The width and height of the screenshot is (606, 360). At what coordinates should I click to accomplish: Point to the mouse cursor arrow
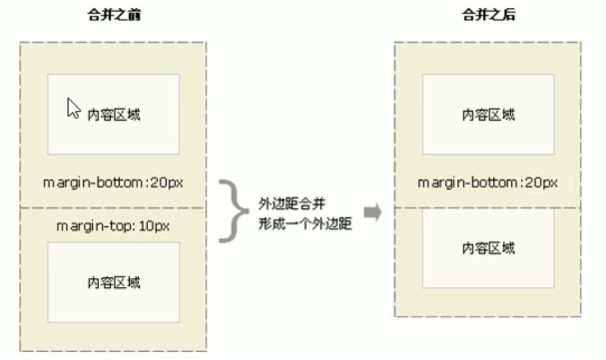coord(73,109)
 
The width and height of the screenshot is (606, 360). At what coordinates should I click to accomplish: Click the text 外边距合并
coord(292,205)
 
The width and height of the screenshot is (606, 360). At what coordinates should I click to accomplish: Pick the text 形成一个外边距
coord(305,224)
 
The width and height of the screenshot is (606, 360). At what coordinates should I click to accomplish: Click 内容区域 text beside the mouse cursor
coord(114,115)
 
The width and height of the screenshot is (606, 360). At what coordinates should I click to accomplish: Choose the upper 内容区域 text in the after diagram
coord(488,115)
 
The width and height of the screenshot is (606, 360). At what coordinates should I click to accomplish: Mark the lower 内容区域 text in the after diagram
coord(488,248)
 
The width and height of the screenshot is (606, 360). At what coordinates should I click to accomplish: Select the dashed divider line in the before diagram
coord(113,208)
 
